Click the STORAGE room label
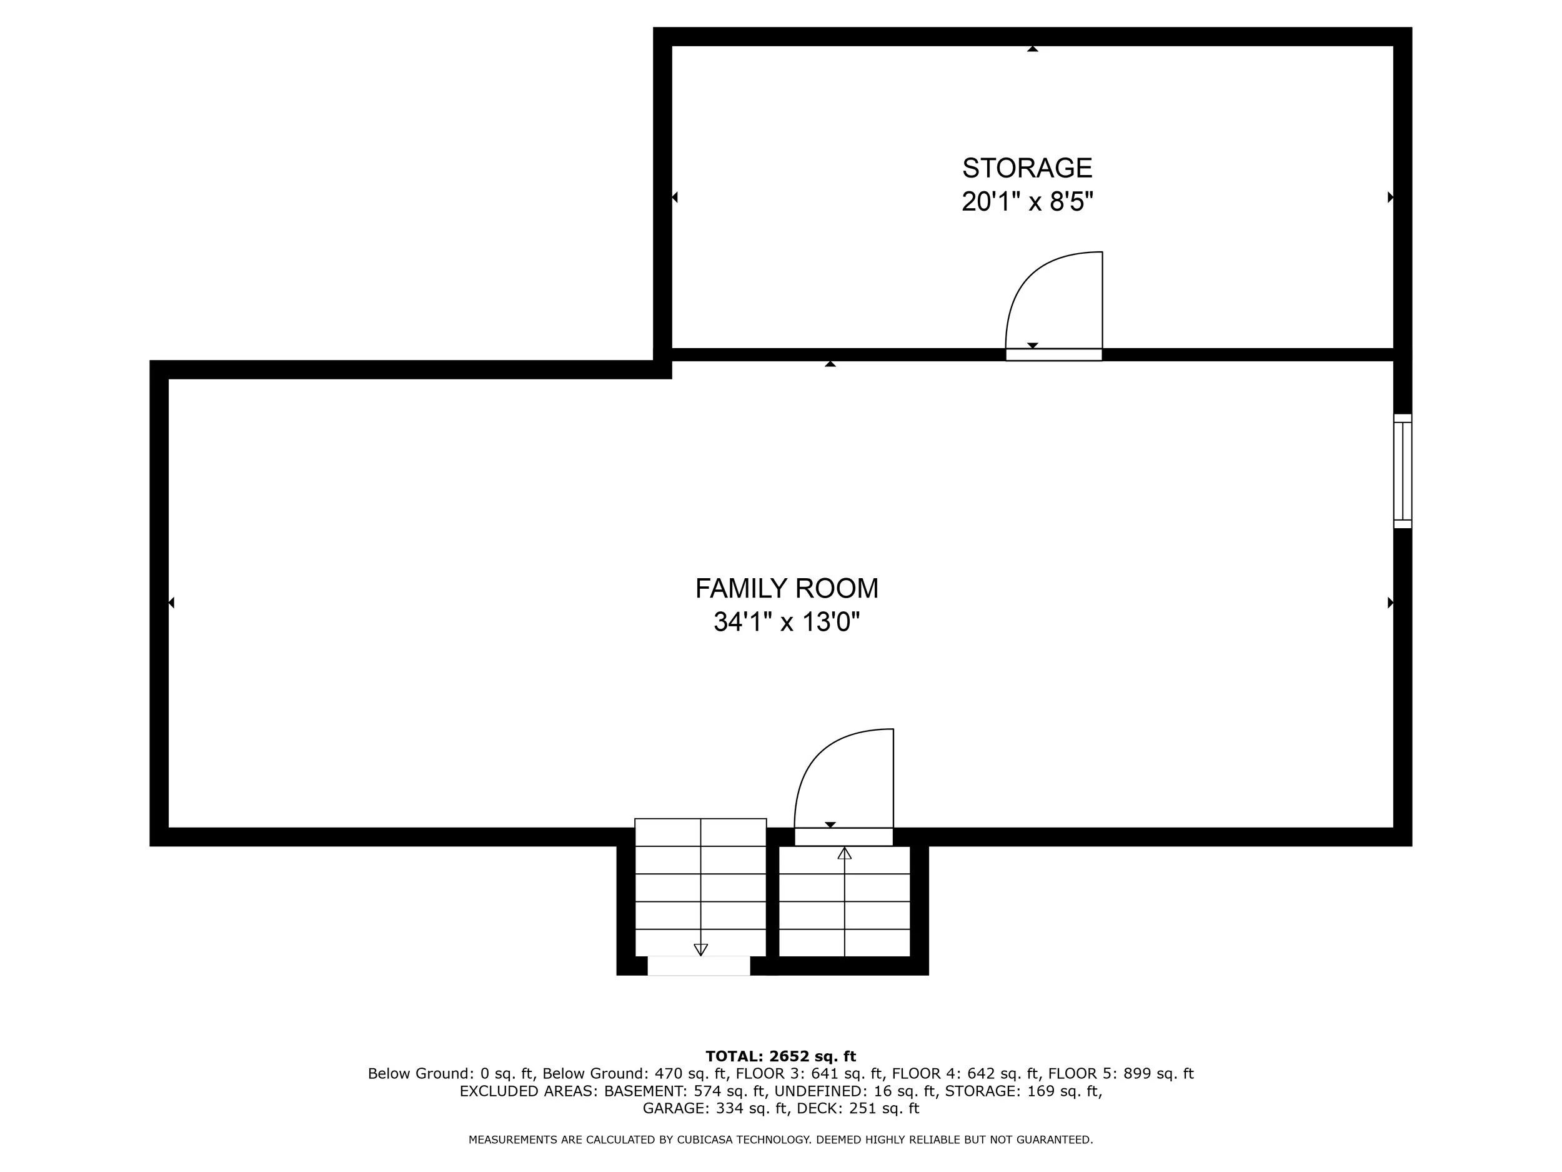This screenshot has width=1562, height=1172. click(1027, 168)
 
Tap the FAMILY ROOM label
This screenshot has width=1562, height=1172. click(787, 588)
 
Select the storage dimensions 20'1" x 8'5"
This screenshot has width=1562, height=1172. click(1027, 202)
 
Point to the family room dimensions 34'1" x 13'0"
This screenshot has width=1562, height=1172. click(787, 623)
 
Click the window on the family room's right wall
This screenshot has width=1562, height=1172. click(1403, 471)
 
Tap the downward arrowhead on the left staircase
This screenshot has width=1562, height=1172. click(700, 949)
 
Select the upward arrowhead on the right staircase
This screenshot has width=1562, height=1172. click(845, 853)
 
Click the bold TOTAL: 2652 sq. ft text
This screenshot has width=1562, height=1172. click(781, 1056)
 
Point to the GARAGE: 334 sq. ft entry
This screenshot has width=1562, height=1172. click(715, 1108)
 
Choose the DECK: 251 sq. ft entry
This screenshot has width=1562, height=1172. click(858, 1108)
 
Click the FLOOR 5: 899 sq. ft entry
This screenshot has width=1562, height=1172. click(1121, 1074)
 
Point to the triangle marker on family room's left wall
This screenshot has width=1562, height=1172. click(172, 603)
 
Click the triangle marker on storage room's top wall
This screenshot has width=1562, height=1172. click(1032, 49)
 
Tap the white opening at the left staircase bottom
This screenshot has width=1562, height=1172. click(699, 966)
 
